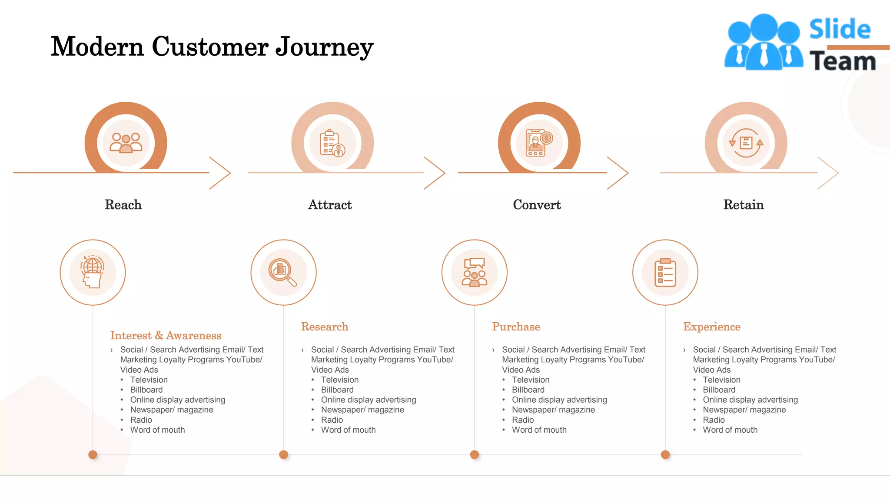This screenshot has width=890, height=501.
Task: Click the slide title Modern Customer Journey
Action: [212, 47]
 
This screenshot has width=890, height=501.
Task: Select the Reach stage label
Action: [123, 205]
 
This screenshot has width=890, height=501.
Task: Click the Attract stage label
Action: [330, 205]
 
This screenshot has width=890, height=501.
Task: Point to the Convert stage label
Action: [537, 205]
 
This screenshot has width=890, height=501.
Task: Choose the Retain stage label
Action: [743, 205]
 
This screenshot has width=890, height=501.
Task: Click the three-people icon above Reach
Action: [126, 143]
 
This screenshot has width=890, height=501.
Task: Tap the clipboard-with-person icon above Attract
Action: [332, 143]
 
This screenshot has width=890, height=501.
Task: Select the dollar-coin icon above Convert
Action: [546, 138]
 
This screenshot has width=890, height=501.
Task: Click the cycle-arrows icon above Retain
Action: [746, 143]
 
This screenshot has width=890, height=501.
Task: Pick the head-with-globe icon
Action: [93, 272]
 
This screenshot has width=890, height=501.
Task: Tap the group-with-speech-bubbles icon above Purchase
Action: [474, 272]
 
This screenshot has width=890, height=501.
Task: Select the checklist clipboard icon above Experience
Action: [665, 272]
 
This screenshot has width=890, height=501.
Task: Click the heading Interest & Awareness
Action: [166, 335]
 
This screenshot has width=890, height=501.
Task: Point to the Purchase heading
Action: [516, 327]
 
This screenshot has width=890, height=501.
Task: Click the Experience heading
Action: [711, 327]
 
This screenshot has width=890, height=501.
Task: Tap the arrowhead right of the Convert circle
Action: [619, 173]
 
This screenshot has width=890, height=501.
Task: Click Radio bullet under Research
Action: [332, 420]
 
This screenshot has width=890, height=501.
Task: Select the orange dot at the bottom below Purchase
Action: [474, 454]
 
